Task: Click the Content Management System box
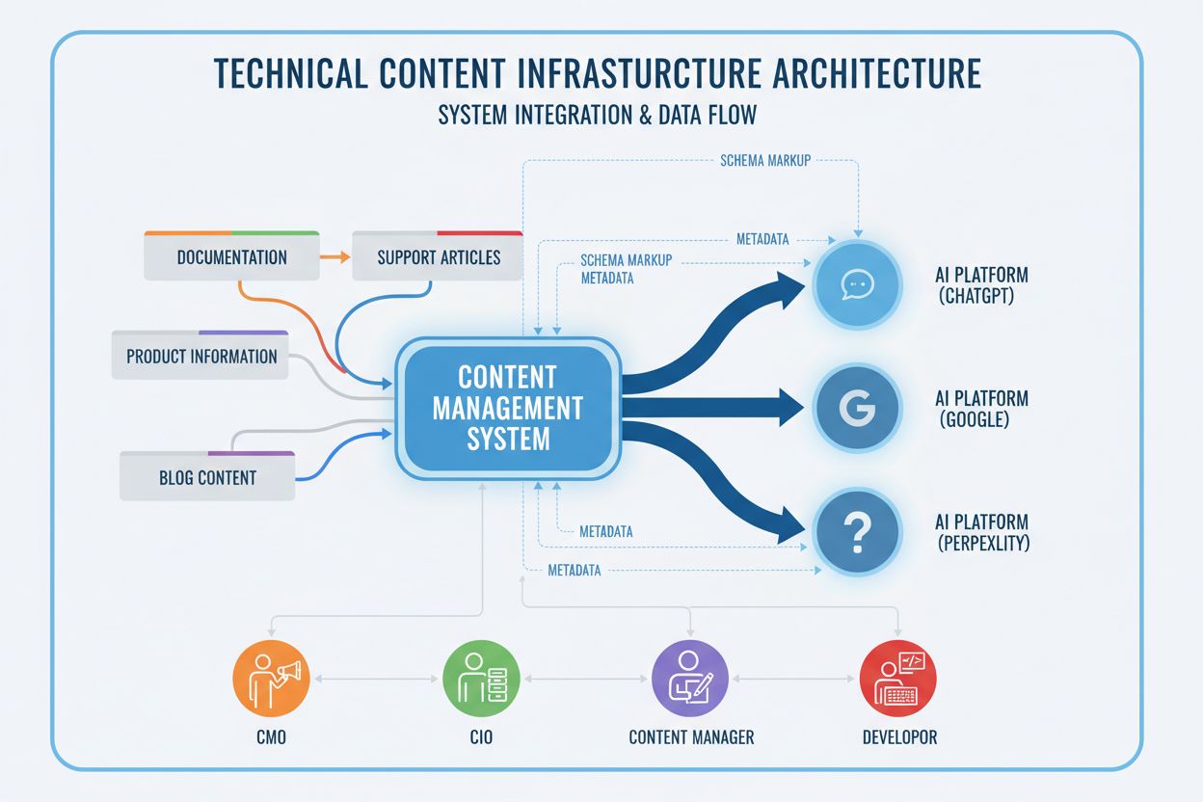pos(507,407)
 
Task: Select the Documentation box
pos(231,257)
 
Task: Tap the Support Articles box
pos(439,257)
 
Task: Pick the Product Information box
pos(201,356)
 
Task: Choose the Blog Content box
pos(207,476)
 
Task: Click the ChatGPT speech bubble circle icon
pos(857,284)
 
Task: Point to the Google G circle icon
pos(857,409)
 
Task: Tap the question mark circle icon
pos(857,531)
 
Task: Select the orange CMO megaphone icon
pos(273,677)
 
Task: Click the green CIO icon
pos(481,677)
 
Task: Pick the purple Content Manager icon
pos(690,677)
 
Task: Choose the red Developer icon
pos(898,677)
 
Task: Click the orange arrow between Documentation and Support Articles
pos(334,257)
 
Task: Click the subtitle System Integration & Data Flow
pos(597,115)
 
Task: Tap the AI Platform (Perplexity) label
pos(982,532)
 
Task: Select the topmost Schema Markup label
pos(765,161)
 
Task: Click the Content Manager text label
pos(691,737)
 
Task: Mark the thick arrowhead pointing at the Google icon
pos(789,408)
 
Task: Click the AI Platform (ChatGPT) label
pos(982,285)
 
